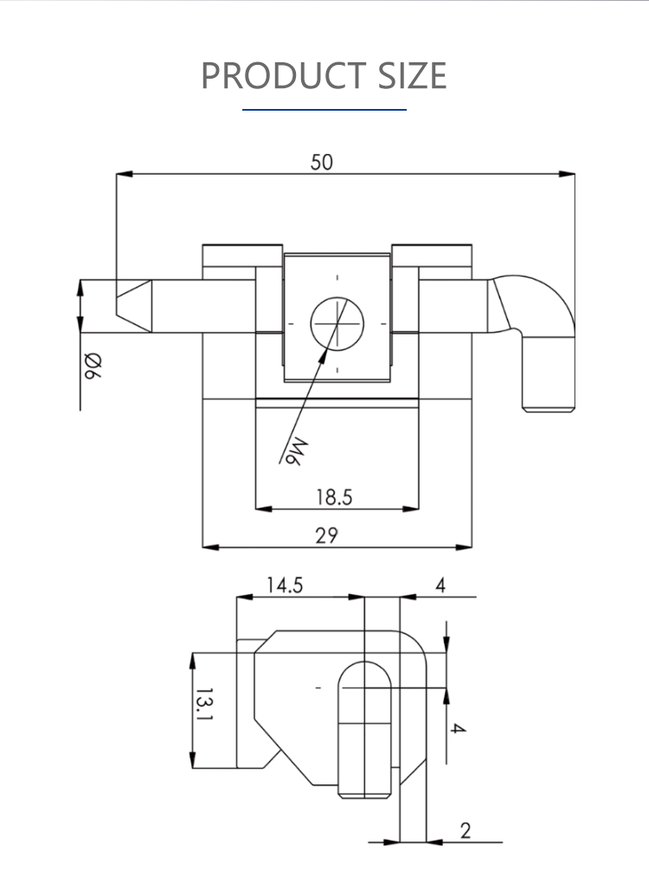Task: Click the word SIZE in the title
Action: coord(411,76)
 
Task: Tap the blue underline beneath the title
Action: coord(324,110)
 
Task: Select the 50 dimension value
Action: coord(322,162)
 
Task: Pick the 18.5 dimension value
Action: coord(333,497)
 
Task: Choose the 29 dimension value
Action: coord(326,535)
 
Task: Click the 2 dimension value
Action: coord(466,831)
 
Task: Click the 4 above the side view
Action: coord(440,585)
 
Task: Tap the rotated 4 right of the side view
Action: coord(459,729)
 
